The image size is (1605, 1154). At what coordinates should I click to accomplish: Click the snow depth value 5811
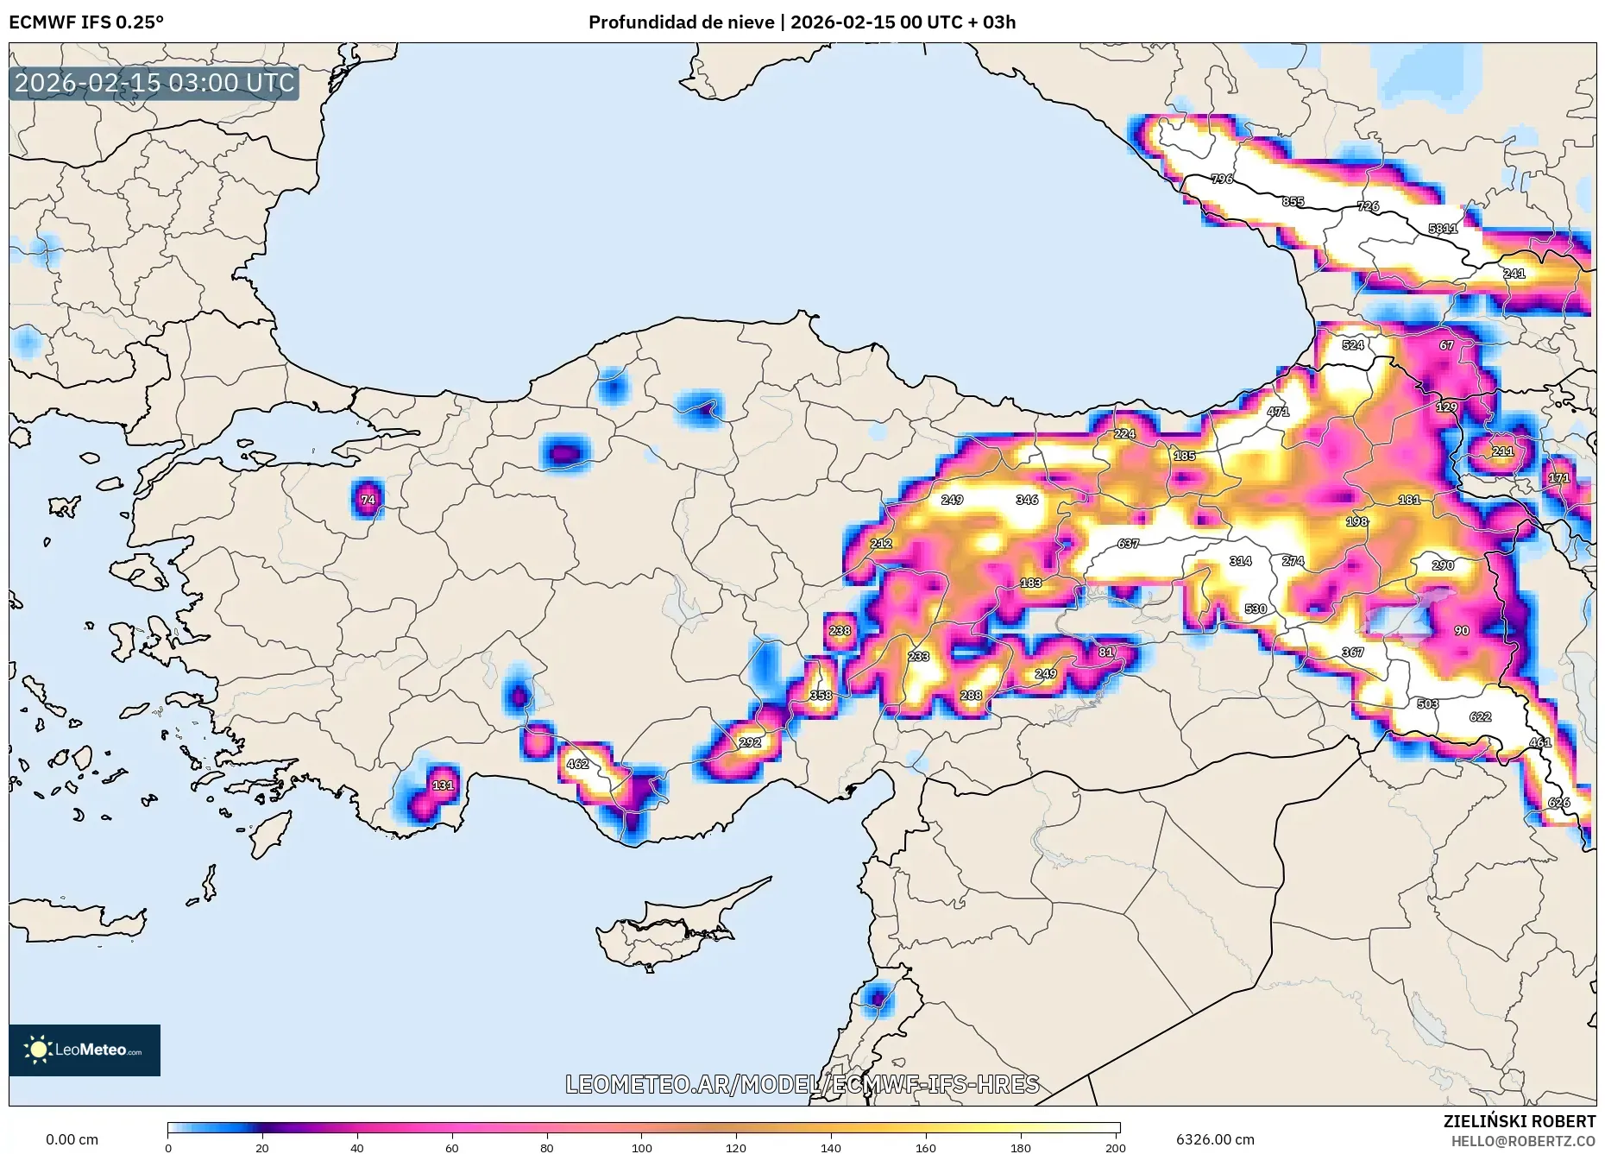(x=1443, y=229)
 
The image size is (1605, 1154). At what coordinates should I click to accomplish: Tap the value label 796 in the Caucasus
(x=1222, y=180)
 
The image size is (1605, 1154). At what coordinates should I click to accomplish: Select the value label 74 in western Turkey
(x=368, y=500)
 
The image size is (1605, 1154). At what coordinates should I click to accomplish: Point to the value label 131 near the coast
(x=443, y=785)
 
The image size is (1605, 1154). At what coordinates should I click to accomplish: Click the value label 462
(x=577, y=764)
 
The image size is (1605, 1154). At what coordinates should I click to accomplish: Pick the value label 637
(x=1128, y=544)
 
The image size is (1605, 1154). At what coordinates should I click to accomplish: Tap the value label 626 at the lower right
(x=1558, y=803)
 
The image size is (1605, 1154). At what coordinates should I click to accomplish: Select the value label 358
(x=821, y=696)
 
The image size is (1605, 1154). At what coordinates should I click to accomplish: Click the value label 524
(x=1353, y=345)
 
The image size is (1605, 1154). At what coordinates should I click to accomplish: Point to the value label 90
(x=1462, y=631)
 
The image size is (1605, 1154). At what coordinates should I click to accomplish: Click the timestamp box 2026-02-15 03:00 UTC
(x=154, y=83)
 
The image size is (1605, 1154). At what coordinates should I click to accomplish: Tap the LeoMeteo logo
(x=85, y=1050)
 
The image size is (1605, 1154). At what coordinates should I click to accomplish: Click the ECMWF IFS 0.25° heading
(x=86, y=22)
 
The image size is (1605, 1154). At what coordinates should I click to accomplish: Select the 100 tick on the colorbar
(x=641, y=1147)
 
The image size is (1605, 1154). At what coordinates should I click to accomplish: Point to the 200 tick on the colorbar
(x=1115, y=1147)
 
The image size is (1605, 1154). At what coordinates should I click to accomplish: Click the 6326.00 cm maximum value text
(x=1215, y=1139)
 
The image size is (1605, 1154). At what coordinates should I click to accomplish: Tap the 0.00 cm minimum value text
(x=72, y=1139)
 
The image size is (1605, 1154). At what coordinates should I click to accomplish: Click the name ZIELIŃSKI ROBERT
(x=1519, y=1121)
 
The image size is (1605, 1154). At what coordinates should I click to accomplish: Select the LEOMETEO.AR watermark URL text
(x=802, y=1084)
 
